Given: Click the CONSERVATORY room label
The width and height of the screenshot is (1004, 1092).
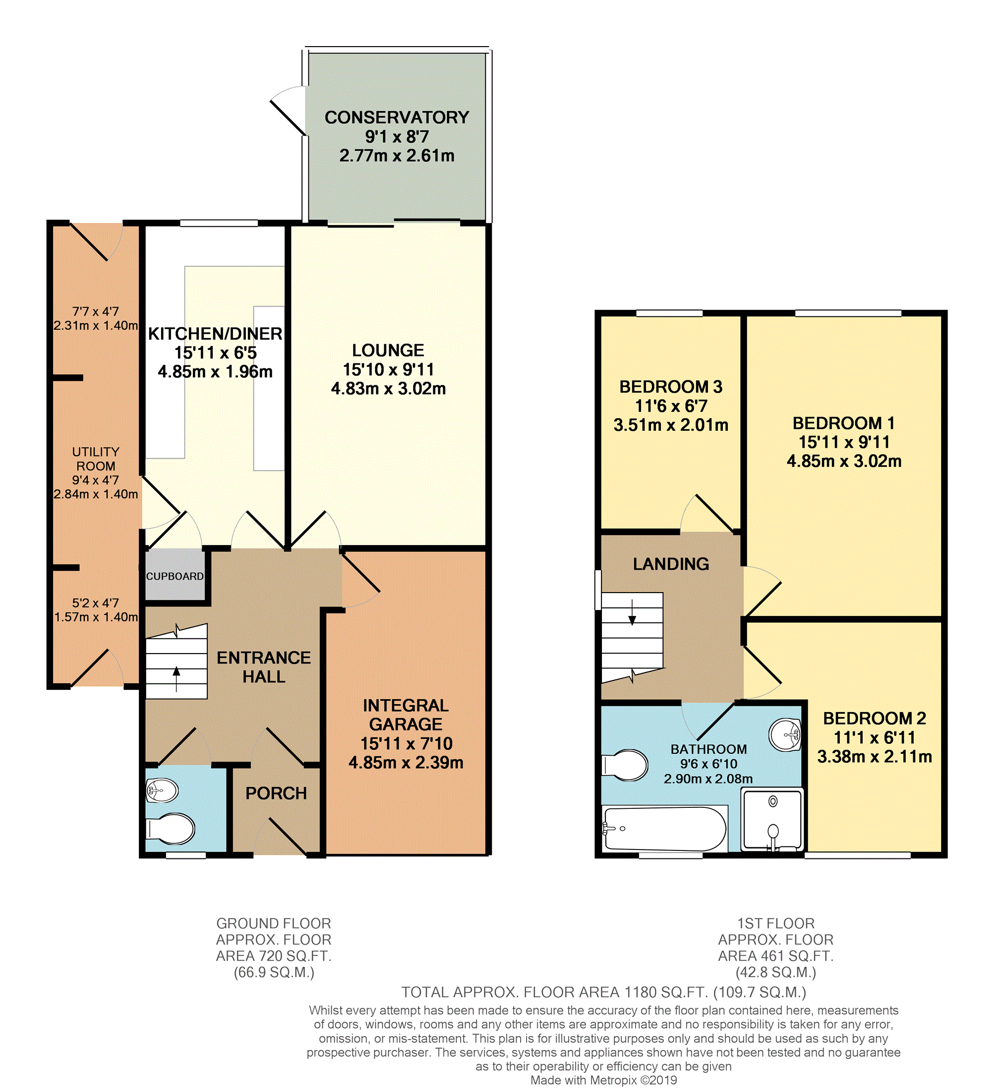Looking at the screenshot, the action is click(397, 118).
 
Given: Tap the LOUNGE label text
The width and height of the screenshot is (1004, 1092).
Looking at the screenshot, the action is click(388, 351).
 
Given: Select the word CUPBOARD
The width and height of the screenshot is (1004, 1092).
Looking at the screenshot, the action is click(175, 576).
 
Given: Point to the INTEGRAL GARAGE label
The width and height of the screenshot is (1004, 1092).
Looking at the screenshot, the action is click(406, 715).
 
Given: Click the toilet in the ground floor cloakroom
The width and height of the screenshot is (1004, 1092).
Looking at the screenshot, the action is click(170, 829).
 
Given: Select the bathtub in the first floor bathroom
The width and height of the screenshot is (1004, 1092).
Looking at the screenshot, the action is click(665, 828).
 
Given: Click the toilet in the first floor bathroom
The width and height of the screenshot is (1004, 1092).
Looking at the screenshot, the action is click(625, 766).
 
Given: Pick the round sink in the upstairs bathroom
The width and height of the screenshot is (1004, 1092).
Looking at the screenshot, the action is click(785, 735).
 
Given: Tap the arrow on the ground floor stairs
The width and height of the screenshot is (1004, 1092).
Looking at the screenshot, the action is click(176, 679).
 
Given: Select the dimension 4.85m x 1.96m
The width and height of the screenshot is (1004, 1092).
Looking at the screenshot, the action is click(215, 371).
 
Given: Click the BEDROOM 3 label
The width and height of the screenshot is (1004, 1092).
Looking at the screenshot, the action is click(671, 387).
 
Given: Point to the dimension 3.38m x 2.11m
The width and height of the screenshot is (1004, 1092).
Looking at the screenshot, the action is click(875, 756).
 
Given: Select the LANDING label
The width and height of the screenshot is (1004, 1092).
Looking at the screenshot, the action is click(671, 564).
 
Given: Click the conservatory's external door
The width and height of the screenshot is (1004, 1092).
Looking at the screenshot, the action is click(289, 118).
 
